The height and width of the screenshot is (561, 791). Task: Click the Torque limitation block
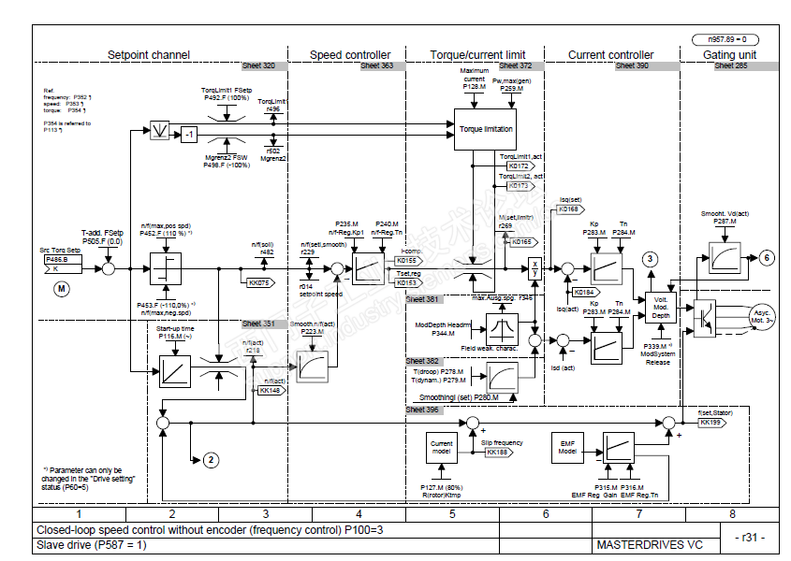(x=485, y=128)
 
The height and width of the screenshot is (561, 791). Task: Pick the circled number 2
(x=212, y=459)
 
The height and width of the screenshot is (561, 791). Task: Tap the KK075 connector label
(x=259, y=281)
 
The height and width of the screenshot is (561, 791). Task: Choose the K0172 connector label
(x=520, y=165)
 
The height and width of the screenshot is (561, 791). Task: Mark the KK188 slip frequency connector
(x=498, y=453)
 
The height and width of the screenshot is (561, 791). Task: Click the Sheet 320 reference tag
(x=259, y=66)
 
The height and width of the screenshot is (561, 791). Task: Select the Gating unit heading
(x=729, y=55)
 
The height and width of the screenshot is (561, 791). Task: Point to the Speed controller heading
(x=350, y=55)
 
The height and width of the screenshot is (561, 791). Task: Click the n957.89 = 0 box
(x=724, y=39)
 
